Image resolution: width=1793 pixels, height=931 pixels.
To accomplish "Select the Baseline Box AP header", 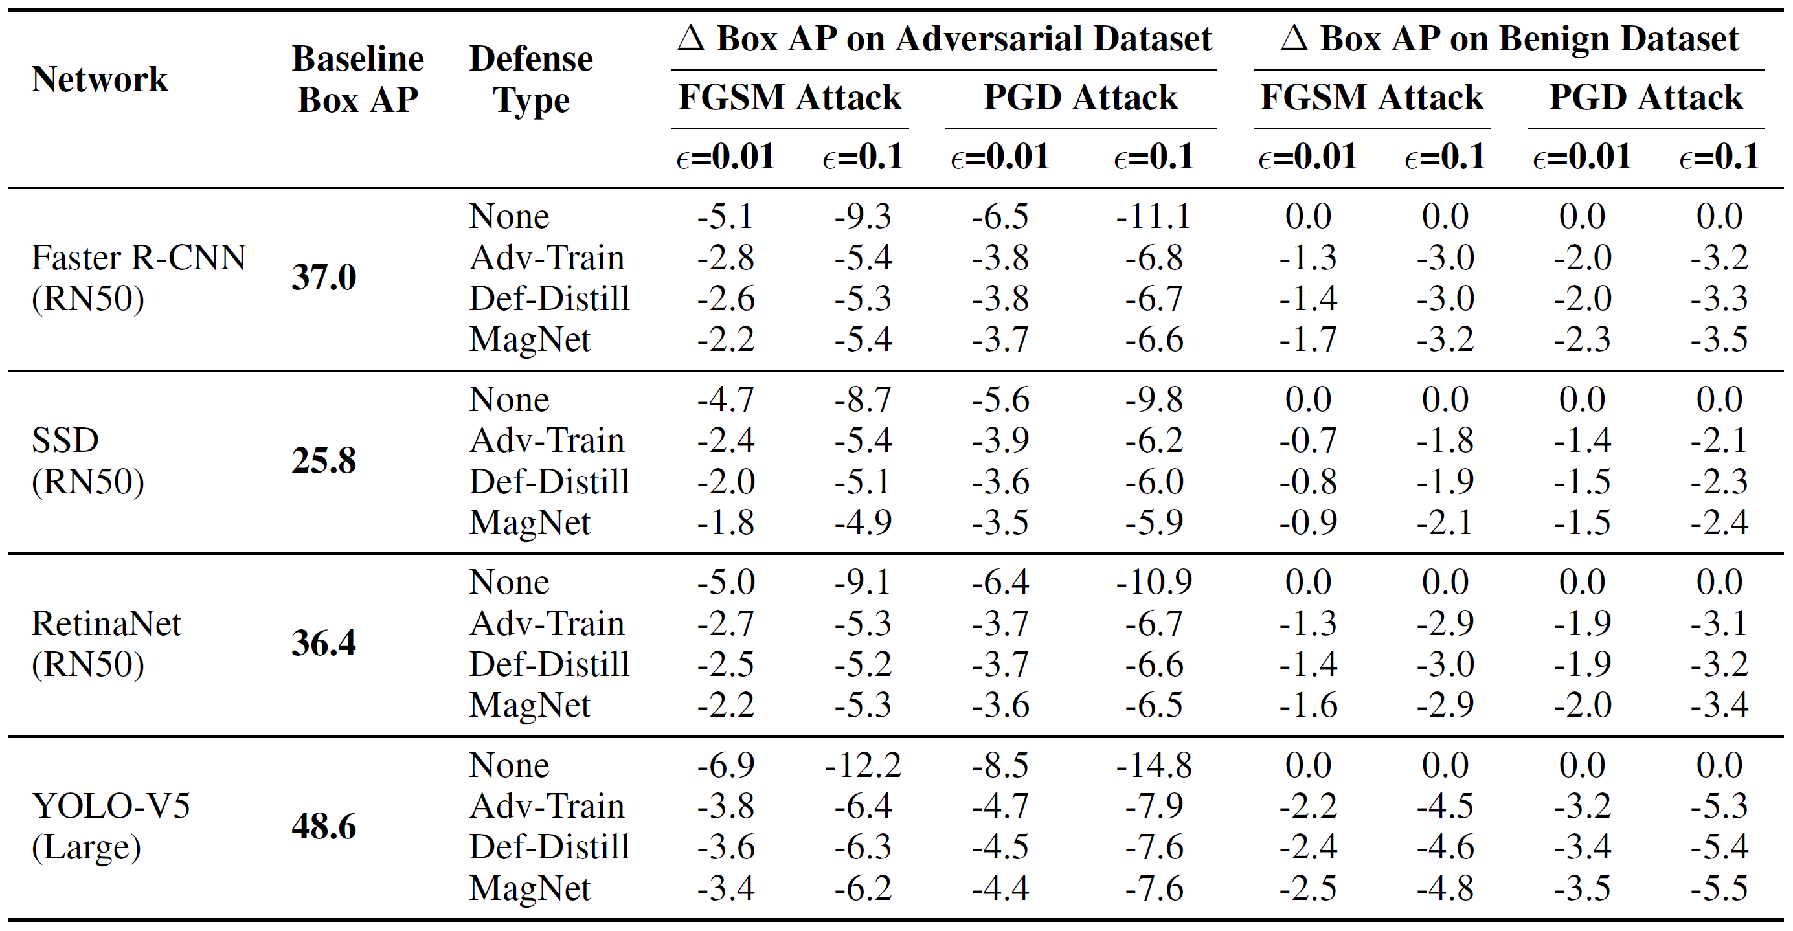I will click(x=358, y=78).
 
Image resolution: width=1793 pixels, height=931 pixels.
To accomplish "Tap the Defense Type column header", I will click(x=531, y=78).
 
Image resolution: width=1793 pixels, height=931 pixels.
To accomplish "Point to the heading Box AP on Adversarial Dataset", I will click(x=945, y=38).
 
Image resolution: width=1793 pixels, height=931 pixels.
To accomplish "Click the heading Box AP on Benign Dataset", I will click(x=1509, y=38).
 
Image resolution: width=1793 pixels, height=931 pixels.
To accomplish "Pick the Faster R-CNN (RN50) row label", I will click(x=139, y=278).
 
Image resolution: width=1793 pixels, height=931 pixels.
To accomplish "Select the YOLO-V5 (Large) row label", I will click(x=111, y=826).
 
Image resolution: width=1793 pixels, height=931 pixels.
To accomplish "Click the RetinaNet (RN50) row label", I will click(x=106, y=643).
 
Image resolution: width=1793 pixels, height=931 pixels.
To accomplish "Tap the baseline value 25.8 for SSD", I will click(x=324, y=460).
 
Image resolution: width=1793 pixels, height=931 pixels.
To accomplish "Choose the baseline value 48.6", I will click(x=324, y=826).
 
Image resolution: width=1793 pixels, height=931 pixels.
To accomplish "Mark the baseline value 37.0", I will click(x=324, y=277).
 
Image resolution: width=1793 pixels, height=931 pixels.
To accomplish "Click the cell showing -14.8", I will click(x=1153, y=765).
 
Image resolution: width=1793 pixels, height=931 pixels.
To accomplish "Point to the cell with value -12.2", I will click(x=863, y=765).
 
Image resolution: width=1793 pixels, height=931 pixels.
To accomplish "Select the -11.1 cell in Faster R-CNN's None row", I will click(x=1153, y=216).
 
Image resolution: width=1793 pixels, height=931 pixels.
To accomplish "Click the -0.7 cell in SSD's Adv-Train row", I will click(x=1308, y=440).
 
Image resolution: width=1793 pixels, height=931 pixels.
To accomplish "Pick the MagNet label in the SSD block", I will click(x=530, y=522).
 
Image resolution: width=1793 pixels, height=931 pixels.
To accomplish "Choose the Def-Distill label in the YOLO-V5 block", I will click(x=549, y=847).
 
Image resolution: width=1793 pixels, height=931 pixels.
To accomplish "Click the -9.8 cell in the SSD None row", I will click(x=1153, y=399).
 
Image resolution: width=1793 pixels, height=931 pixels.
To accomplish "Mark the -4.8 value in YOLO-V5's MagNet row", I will click(x=1445, y=888).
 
